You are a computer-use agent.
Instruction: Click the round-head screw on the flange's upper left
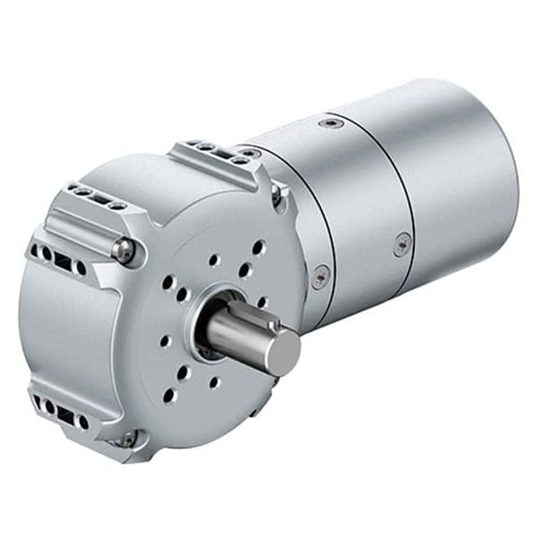coord(124,251)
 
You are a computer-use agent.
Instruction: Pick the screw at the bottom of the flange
coord(127,439)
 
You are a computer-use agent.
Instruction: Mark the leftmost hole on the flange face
coord(163,340)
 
